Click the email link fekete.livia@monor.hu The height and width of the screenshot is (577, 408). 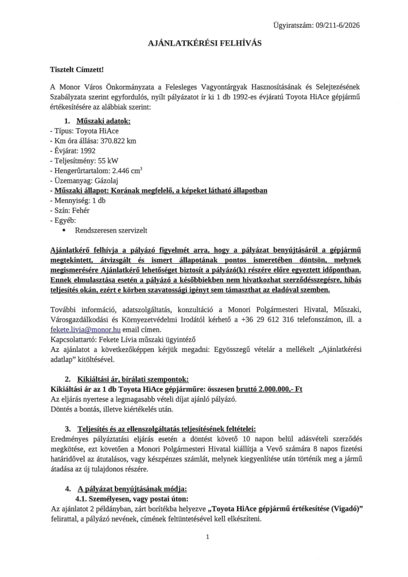[x=85, y=329]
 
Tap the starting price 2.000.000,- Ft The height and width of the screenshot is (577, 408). [x=274, y=389]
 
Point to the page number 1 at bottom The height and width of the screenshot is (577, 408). [x=207, y=537]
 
